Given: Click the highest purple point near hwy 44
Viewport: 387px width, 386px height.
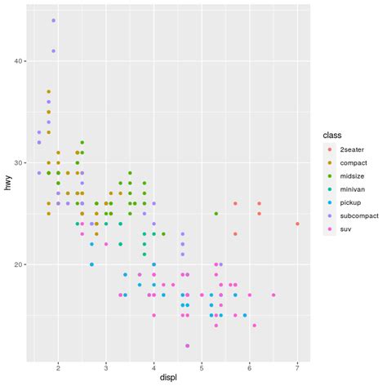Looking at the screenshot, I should [54, 20].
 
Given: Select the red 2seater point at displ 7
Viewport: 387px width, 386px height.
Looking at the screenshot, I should [297, 224].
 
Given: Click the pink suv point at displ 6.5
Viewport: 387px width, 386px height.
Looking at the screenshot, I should [274, 295].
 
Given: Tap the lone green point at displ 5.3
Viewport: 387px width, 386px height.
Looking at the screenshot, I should [216, 214].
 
